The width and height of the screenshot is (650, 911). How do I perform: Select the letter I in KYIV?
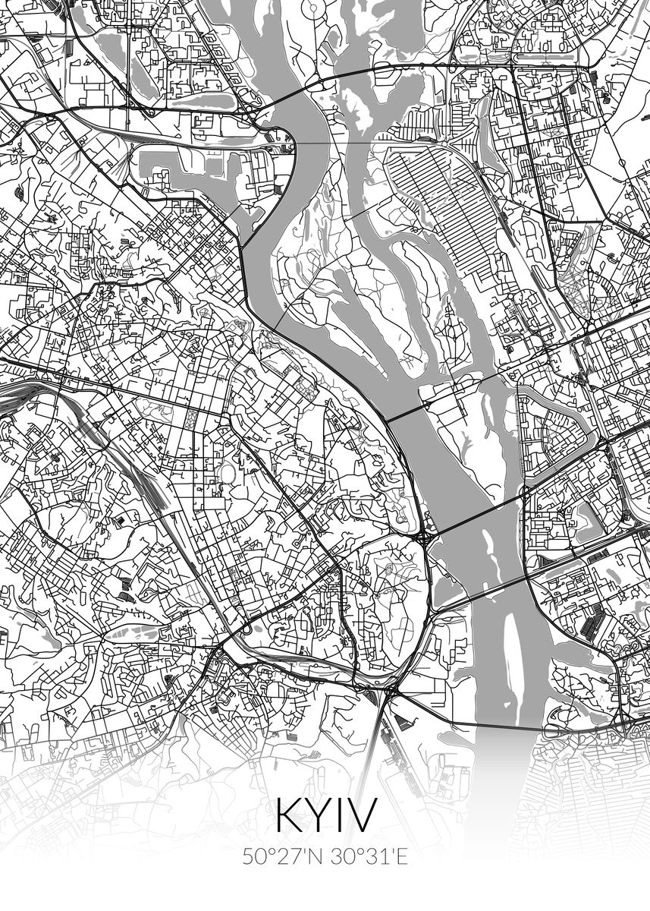tap(341, 815)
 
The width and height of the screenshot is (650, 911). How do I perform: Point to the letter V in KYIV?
tap(362, 815)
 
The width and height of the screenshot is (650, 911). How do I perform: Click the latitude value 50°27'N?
tap(282, 857)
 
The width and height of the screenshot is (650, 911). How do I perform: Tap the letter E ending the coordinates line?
tap(403, 857)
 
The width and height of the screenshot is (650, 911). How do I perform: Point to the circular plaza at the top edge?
tap(312, 8)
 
